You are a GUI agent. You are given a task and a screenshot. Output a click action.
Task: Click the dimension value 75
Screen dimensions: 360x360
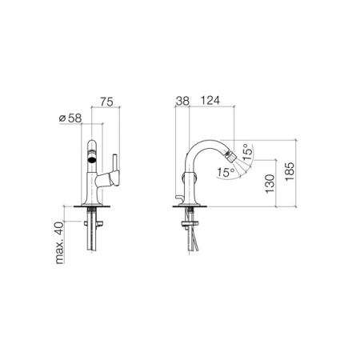pyautogui.click(x=105, y=102)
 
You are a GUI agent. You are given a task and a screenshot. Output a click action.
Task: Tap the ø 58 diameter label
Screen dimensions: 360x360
pyautogui.click(x=70, y=118)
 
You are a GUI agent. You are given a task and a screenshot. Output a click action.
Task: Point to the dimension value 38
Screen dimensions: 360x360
pyautogui.click(x=182, y=102)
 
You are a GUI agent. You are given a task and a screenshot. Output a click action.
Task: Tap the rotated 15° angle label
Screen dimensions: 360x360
pyautogui.click(x=247, y=153)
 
